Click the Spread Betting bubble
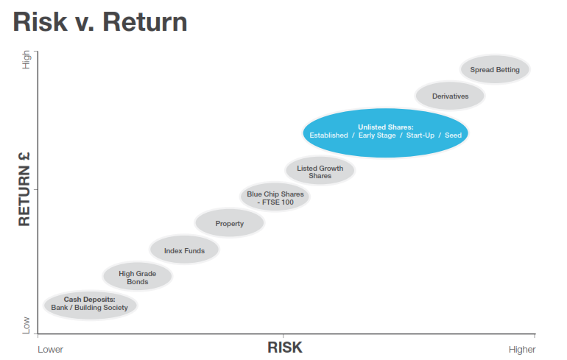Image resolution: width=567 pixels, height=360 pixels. pos(495,69)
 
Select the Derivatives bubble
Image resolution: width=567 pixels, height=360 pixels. pos(450,96)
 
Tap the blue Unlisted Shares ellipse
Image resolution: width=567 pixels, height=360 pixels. pos(385,133)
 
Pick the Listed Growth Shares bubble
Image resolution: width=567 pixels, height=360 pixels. pos(320,171)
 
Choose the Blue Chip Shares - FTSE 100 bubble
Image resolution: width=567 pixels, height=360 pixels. pos(275,197)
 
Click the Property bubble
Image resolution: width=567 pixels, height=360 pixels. pos(230,222)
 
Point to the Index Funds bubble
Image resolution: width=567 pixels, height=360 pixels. pos(184,250)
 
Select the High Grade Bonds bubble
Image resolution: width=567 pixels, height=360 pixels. pos(138,277)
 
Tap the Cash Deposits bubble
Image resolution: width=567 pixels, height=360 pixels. pos(90,305)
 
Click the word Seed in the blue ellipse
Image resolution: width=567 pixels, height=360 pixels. pos(453,135)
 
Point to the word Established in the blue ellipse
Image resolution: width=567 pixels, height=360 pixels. pos(328,135)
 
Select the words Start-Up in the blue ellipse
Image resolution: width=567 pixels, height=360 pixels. pos(420,135)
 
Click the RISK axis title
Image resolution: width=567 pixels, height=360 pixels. pos(285,347)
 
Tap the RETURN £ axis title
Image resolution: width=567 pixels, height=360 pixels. pos(24,189)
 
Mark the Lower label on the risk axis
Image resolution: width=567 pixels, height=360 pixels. pos(50,350)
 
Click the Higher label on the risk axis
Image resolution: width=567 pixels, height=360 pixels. pos(522,350)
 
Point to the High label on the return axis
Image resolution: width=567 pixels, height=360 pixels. pos(26,60)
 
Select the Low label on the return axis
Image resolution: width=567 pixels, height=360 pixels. pos(26,325)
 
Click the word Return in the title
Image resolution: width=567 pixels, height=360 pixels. pos(145,22)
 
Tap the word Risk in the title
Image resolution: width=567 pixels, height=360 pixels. pos(40,22)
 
